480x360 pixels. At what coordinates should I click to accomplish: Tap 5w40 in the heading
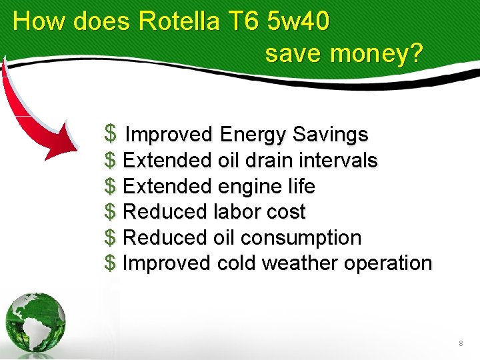[x=297, y=21]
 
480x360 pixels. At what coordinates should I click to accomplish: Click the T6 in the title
[x=243, y=21]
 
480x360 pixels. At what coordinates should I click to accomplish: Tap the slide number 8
[x=461, y=343]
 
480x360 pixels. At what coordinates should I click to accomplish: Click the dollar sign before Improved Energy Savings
[x=111, y=134]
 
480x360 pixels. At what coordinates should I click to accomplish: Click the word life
[x=301, y=186]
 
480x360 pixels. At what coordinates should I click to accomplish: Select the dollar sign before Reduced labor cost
[x=111, y=212]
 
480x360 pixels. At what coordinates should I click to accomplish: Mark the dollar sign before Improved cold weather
[x=111, y=263]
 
